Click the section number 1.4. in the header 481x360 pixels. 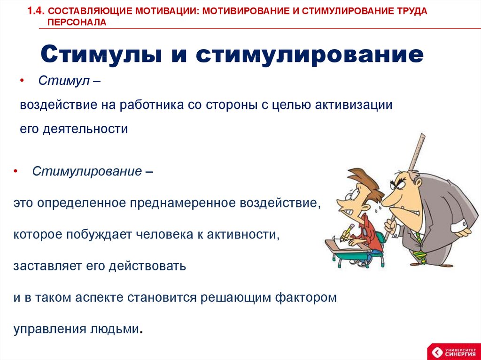[36, 11]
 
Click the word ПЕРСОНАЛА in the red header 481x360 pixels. [77, 23]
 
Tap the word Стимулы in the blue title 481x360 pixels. [101, 55]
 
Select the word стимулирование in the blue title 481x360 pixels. [310, 54]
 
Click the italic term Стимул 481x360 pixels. [64, 81]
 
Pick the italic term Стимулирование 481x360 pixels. [87, 171]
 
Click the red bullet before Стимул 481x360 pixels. [22, 81]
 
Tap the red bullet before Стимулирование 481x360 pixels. [16, 171]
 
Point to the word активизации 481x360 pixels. [354, 105]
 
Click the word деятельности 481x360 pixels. [85, 129]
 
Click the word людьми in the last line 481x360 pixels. [115, 329]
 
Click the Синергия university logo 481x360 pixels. [453, 352]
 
